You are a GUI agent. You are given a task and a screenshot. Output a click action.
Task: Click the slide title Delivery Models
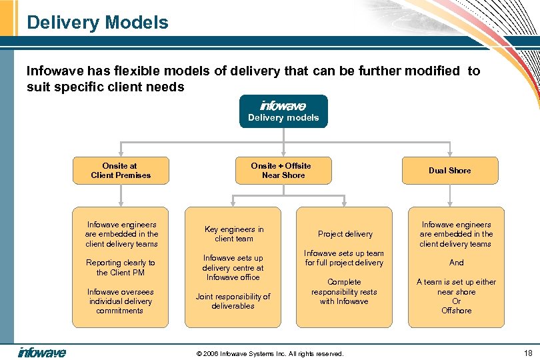click(97, 23)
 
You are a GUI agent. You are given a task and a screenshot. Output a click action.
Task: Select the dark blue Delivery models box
click(283, 111)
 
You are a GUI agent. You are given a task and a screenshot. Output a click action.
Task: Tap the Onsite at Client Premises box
click(121, 171)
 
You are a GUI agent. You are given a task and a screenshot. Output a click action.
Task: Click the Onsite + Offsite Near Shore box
click(281, 171)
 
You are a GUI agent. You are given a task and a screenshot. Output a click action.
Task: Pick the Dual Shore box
click(449, 171)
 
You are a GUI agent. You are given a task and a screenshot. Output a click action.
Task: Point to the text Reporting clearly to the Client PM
click(120, 267)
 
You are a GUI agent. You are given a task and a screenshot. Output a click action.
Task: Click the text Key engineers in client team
click(233, 234)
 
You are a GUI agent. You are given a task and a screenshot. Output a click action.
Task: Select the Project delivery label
click(345, 234)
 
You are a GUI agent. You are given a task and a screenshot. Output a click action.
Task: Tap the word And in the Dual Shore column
click(456, 263)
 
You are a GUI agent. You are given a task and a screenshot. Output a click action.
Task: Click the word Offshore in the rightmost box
click(456, 311)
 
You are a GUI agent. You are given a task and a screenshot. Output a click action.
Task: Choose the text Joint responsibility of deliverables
click(233, 301)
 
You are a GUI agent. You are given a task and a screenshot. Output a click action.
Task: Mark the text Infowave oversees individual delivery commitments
click(120, 301)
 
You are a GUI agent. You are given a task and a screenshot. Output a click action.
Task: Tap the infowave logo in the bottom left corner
click(41, 353)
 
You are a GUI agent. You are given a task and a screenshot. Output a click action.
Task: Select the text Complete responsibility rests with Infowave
click(344, 291)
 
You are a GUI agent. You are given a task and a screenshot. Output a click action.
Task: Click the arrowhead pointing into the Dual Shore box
click(449, 153)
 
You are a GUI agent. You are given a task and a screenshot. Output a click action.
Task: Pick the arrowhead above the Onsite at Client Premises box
click(121, 153)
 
